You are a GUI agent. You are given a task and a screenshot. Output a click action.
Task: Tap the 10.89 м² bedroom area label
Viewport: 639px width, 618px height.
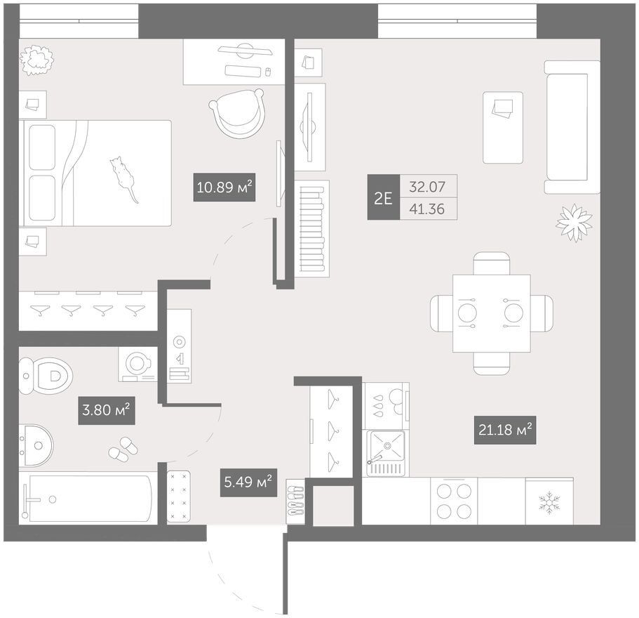click(224, 188)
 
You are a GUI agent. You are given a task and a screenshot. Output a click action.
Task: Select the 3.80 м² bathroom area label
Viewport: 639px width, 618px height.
click(107, 409)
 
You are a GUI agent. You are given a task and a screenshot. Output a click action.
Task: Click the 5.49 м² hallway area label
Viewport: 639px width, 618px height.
click(248, 482)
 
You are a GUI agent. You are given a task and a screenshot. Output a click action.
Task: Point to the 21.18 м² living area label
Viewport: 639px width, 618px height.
click(505, 430)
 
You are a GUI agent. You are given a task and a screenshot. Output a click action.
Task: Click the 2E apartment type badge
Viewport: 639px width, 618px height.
click(383, 198)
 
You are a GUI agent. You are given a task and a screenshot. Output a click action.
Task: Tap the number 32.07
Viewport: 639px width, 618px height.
click(427, 187)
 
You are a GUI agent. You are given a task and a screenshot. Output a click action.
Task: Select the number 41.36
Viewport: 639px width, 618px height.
click(427, 209)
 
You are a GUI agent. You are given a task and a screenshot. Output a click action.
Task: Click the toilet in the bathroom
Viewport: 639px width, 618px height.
click(46, 375)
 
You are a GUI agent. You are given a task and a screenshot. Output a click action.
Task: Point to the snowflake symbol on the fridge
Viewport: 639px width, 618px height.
click(549, 503)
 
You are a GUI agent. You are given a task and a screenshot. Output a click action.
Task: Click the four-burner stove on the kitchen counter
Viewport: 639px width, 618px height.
click(454, 501)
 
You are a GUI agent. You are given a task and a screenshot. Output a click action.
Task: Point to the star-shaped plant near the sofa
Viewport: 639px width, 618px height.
click(574, 223)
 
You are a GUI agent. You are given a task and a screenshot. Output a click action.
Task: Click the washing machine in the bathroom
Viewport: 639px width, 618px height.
click(137, 364)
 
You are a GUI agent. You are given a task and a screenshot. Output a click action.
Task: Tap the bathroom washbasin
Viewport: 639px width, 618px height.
click(36, 445)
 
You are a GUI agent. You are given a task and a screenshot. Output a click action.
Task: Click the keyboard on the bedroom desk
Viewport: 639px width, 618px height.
click(243, 72)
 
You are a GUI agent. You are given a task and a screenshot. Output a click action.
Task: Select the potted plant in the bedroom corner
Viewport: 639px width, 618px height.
click(37, 60)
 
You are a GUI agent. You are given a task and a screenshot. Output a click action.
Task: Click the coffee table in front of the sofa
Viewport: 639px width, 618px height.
click(503, 128)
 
